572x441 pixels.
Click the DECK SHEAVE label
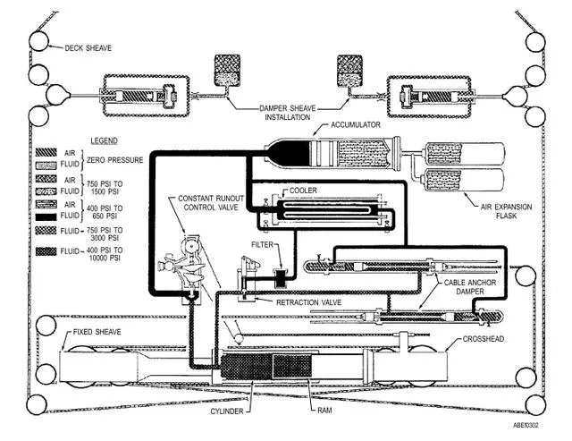pos(88,47)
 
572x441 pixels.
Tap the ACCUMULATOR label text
pos(356,125)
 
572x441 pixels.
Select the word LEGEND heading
pos(104,140)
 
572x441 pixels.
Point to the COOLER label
pos(303,191)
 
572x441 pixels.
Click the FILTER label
pos(262,244)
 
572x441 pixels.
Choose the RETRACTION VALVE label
pos(308,302)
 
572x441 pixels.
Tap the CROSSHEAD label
pos(484,339)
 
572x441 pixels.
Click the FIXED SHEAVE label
pos(97,332)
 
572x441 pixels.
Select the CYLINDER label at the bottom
pos(226,411)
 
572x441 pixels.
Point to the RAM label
pos(324,411)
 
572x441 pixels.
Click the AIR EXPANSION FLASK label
pos(507,211)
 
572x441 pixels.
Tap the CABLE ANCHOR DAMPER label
pos(470,287)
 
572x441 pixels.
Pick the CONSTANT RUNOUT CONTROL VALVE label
pos(211,203)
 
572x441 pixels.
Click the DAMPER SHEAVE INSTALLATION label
pos(288,113)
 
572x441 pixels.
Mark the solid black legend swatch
pos(46,216)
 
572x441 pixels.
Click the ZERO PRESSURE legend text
pos(115,160)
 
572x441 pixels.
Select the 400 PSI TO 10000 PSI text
pos(105,254)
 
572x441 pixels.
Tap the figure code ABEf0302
pos(526,425)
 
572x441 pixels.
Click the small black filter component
pos(282,278)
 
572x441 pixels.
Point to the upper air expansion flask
pos(463,154)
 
